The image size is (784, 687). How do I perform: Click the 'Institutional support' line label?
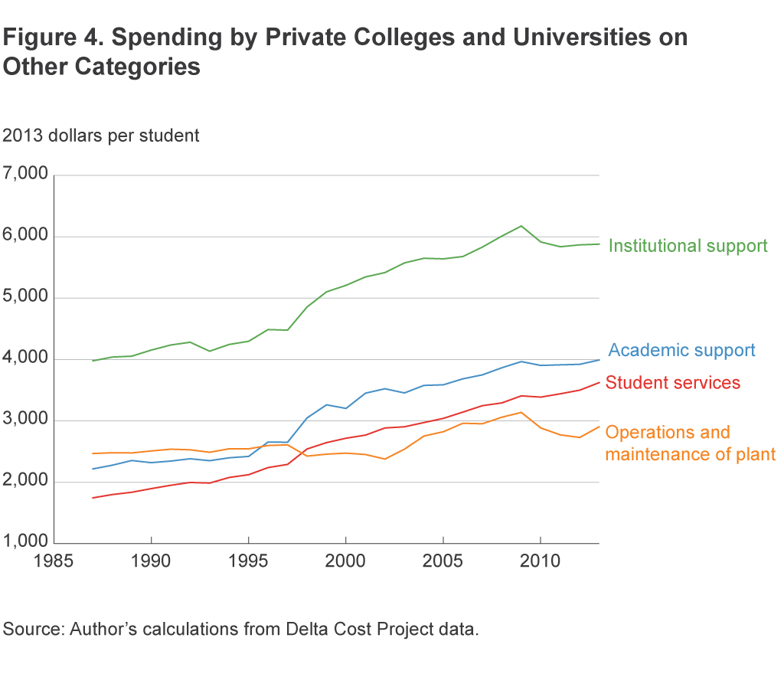[688, 246]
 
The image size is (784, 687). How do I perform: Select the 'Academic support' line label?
[681, 351]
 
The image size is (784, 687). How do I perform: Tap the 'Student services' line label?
[673, 382]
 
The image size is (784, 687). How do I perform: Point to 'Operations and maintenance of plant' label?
[690, 443]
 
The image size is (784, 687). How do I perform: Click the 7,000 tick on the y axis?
[26, 175]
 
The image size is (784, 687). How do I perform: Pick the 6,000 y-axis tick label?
[26, 237]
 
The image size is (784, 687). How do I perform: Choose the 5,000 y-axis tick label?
[26, 298]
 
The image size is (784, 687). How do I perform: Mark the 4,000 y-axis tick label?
[26, 359]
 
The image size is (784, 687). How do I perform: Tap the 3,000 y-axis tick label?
[26, 420]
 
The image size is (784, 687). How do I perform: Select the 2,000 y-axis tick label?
[26, 482]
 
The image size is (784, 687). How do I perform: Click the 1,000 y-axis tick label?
[26, 543]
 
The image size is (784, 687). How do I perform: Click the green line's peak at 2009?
[521, 226]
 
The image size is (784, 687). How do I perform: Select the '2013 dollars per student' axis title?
[101, 136]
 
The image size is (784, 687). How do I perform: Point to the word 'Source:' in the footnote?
[33, 630]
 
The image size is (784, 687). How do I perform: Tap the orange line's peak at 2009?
[521, 412]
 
